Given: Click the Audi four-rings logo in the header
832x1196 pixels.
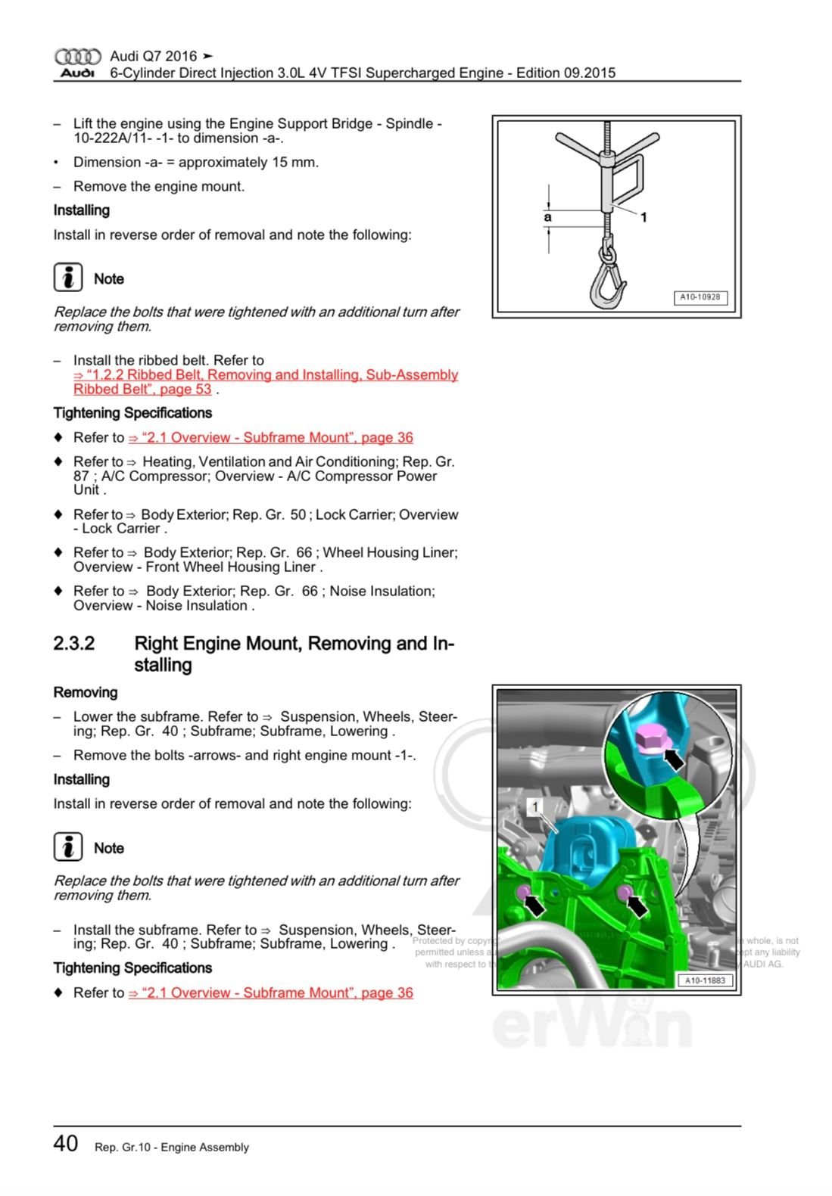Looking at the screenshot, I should (x=77, y=57).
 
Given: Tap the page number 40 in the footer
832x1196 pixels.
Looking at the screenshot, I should (x=66, y=1143).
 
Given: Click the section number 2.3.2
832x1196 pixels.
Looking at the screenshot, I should (x=74, y=644).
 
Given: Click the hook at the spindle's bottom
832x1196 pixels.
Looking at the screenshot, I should (x=608, y=284).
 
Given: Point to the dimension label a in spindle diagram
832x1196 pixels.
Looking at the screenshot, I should (x=548, y=217).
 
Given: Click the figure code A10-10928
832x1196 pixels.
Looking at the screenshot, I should (x=700, y=297).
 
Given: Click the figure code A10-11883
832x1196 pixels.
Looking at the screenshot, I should (x=704, y=980).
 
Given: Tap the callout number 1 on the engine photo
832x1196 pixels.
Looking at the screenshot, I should (x=535, y=807).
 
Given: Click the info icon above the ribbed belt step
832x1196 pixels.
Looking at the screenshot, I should (x=68, y=278).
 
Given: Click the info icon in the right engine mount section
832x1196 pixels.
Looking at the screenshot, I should (x=68, y=847).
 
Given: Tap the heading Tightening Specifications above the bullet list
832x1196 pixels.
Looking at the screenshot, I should (x=132, y=413).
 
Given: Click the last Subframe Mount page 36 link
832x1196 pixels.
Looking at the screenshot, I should (x=270, y=993).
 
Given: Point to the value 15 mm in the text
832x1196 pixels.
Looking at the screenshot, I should (x=298, y=163).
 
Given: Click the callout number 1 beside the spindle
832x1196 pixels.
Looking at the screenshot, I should (x=643, y=218).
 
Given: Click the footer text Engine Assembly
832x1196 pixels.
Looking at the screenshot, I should (x=204, y=1148).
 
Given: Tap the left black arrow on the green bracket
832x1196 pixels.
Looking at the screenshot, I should (x=534, y=903).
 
